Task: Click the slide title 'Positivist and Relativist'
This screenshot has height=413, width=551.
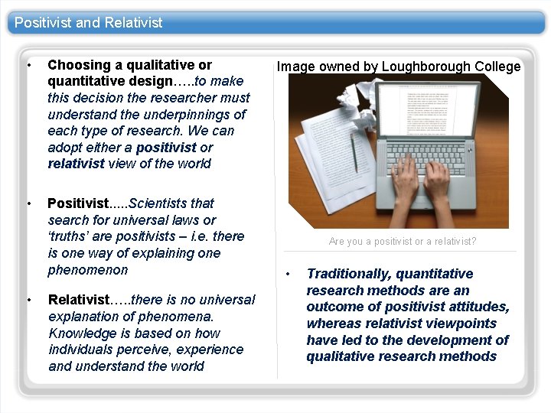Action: coord(88,22)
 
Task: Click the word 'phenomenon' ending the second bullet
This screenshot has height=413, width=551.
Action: coord(87,270)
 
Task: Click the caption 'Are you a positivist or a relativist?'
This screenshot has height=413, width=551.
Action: coord(403,242)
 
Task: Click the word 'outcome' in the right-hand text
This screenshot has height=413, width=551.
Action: coord(334,307)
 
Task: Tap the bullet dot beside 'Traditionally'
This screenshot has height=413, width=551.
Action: coord(289,274)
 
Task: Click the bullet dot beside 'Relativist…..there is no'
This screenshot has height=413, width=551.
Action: coord(29,300)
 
